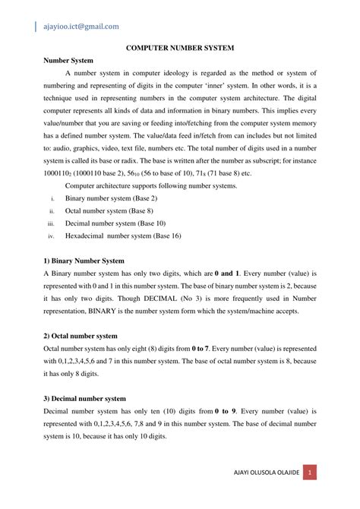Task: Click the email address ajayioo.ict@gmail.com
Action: point(81,26)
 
